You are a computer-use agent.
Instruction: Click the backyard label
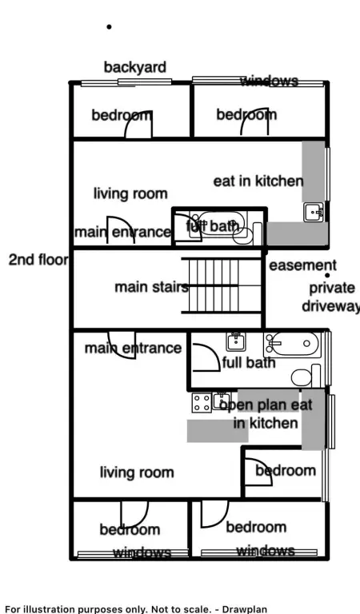(134, 67)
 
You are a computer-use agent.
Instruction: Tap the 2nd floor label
(38, 260)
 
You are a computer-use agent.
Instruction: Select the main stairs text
(151, 287)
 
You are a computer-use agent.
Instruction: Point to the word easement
(303, 265)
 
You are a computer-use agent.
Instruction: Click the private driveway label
(331, 297)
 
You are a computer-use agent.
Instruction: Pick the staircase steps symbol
(222, 285)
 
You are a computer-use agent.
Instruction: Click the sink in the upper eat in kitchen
(314, 212)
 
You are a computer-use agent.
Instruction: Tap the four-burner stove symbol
(202, 403)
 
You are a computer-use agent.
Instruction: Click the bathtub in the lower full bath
(292, 345)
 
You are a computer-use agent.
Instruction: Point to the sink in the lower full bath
(236, 342)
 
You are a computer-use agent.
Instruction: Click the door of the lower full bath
(206, 357)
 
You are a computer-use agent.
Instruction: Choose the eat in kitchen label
(258, 181)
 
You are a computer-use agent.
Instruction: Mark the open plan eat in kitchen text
(266, 414)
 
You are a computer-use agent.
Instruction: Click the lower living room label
(137, 472)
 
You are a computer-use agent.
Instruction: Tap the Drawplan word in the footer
(245, 609)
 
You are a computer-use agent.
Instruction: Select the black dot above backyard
(109, 26)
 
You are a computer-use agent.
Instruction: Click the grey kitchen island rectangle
(218, 431)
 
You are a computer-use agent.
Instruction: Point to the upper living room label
(130, 193)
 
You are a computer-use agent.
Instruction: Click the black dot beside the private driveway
(327, 275)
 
